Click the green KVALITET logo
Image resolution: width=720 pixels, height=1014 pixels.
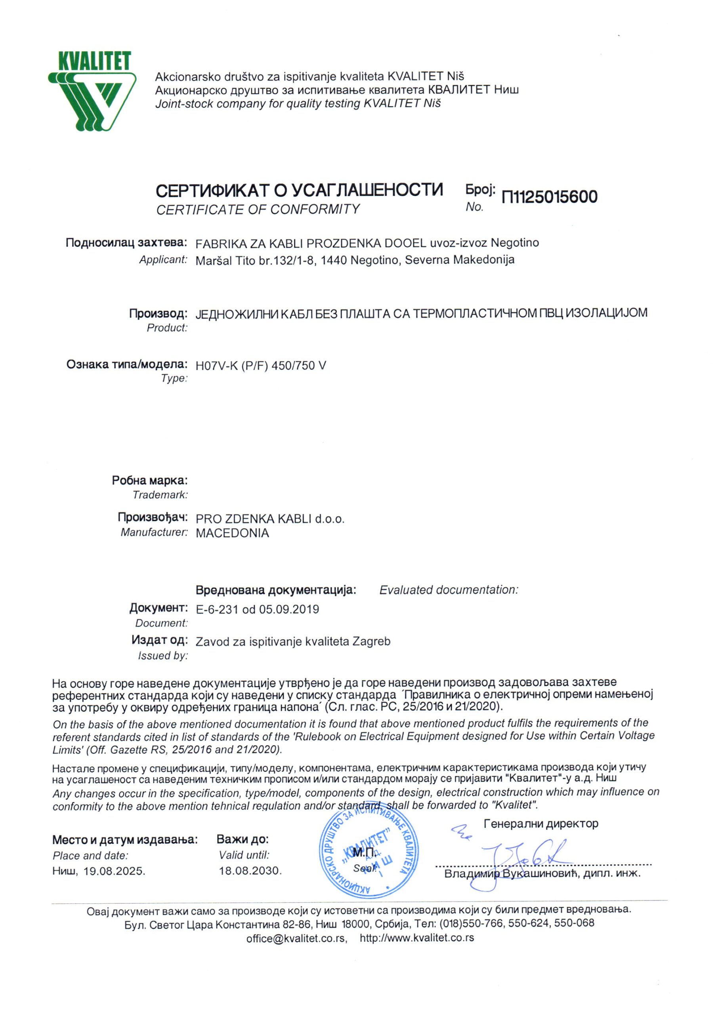93,91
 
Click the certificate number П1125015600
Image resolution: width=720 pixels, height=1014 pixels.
549,197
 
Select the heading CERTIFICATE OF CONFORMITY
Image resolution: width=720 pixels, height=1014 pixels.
258,209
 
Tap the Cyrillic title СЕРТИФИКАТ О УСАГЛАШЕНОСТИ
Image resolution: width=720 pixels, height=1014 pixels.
299,191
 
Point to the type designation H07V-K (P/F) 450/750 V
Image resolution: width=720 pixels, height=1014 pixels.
261,366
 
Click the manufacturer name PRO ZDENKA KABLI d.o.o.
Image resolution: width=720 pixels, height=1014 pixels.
270,518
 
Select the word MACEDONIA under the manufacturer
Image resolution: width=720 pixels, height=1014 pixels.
232,533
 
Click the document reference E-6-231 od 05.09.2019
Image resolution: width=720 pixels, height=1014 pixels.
257,609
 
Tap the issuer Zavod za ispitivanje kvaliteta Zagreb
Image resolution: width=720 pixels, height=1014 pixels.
293,641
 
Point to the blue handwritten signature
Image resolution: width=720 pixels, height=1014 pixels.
514,860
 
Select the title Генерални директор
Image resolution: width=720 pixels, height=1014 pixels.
541,823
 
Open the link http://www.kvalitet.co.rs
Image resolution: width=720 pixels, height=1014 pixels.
417,938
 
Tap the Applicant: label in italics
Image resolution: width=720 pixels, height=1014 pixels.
163,260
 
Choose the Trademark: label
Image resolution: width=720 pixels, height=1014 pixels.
160,495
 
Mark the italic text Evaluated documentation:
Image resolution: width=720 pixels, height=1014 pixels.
449,590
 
